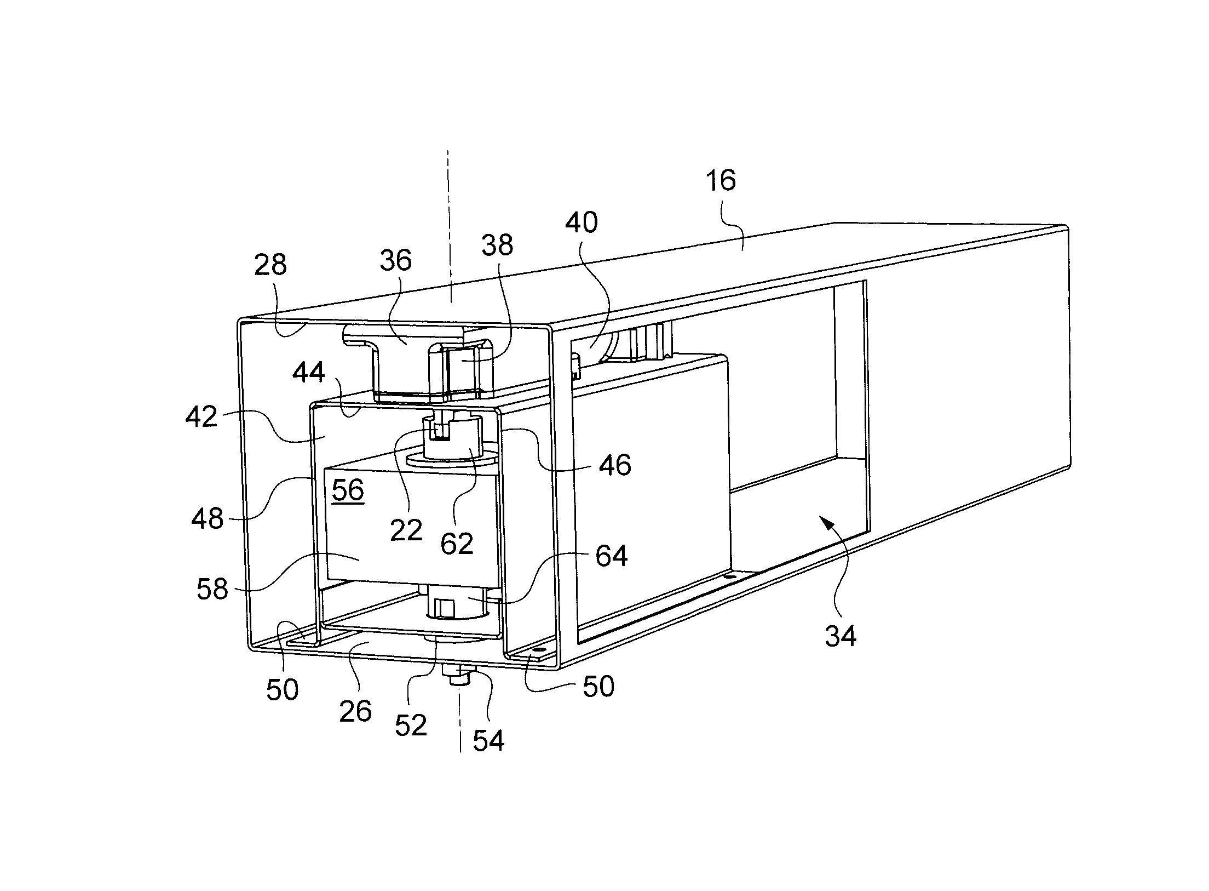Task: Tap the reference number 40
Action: pos(581,222)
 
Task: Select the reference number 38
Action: pos(497,245)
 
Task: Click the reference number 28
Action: pos(270,265)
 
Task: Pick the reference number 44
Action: pos(309,373)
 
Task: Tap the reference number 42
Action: pos(201,417)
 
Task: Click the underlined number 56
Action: pos(348,489)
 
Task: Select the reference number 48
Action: pos(208,518)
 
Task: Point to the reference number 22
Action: pos(406,530)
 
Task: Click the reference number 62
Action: pos(457,544)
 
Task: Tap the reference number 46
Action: pos(615,465)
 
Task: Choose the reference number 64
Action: pos(611,556)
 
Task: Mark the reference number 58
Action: pos(212,590)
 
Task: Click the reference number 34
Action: pos(840,637)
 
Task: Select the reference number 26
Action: pos(355,711)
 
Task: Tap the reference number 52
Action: pos(411,726)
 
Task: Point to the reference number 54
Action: pos(488,740)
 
